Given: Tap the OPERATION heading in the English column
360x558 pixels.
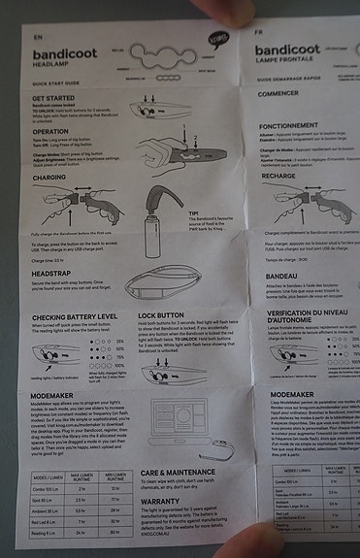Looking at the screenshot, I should tap(49, 130).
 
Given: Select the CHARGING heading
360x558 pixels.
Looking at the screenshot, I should tap(49, 178).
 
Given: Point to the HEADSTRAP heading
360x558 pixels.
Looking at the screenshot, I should tap(50, 274).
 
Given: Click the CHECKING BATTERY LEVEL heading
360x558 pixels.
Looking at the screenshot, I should tap(75, 316).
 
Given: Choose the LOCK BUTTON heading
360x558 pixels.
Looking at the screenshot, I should tap(162, 316).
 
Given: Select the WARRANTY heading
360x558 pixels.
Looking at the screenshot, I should tap(158, 503).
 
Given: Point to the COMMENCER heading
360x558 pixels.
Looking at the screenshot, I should tap(280, 93).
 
